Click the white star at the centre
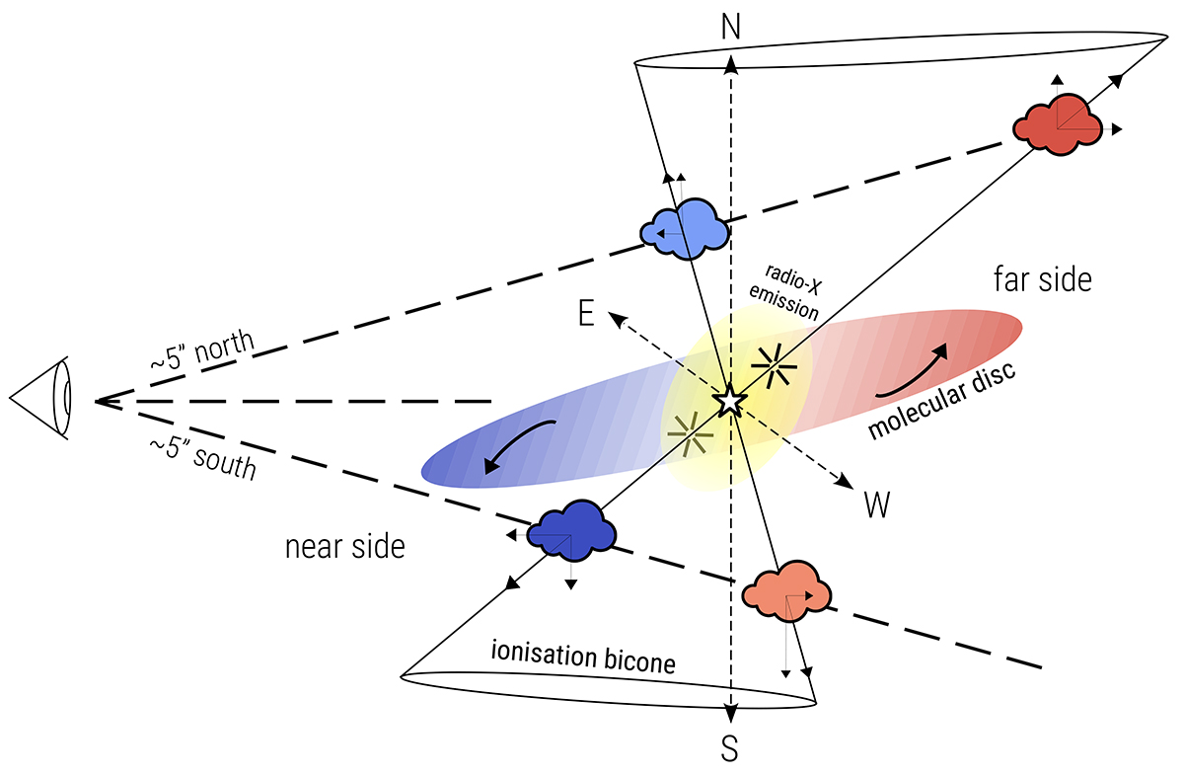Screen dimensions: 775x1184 (x=728, y=401)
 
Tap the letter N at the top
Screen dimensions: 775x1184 (x=731, y=28)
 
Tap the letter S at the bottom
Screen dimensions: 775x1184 (x=729, y=750)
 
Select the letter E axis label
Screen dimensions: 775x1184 (x=586, y=314)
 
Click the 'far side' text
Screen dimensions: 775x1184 (x=1042, y=280)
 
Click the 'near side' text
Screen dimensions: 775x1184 (x=345, y=546)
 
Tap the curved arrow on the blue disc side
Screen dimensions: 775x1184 (x=520, y=447)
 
